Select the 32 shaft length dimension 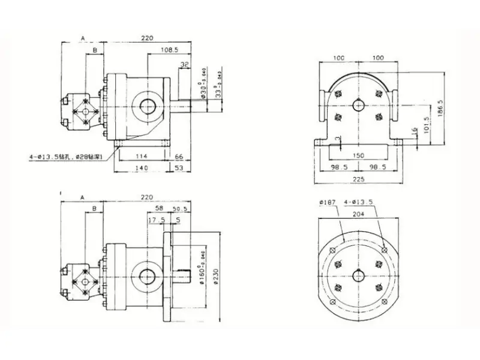coord(184,64)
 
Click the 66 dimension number coord(178,157)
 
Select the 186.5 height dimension coord(442,107)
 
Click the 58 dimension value coord(159,208)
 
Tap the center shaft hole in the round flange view coord(358,275)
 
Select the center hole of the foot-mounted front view coord(358,105)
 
